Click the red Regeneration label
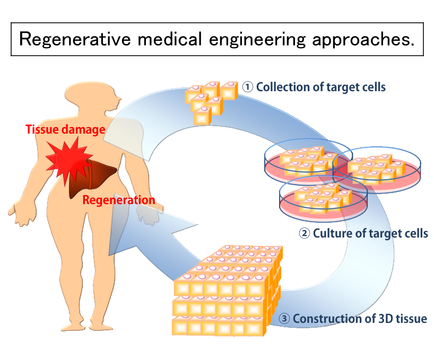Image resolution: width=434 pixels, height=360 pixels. click(x=119, y=200)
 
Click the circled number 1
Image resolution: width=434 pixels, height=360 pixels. click(x=247, y=87)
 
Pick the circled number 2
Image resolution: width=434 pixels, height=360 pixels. click(x=305, y=233)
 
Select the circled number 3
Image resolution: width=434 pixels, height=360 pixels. click(x=284, y=319)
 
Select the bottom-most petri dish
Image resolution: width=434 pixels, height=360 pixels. click(x=315, y=199)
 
